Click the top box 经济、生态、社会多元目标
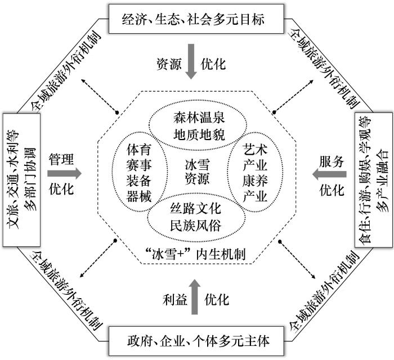pyautogui.click(x=196, y=19)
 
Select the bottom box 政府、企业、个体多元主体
pyautogui.click(x=196, y=341)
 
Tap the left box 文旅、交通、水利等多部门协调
pyautogui.click(x=21, y=180)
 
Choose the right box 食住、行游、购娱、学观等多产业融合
pyautogui.click(x=373, y=180)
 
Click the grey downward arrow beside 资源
pyautogui.click(x=191, y=61)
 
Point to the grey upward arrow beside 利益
pyautogui.click(x=195, y=296)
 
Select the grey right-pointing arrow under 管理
pyautogui.click(x=64, y=173)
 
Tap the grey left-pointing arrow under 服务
pyautogui.click(x=329, y=174)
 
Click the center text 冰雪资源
pyautogui.click(x=197, y=172)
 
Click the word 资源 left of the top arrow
pyautogui.click(x=169, y=64)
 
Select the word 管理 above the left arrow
pyautogui.click(x=61, y=159)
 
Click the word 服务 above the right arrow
pyautogui.click(x=332, y=161)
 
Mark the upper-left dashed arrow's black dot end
pyautogui.click(x=117, y=112)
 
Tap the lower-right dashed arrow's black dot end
pyautogui.click(x=280, y=241)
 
